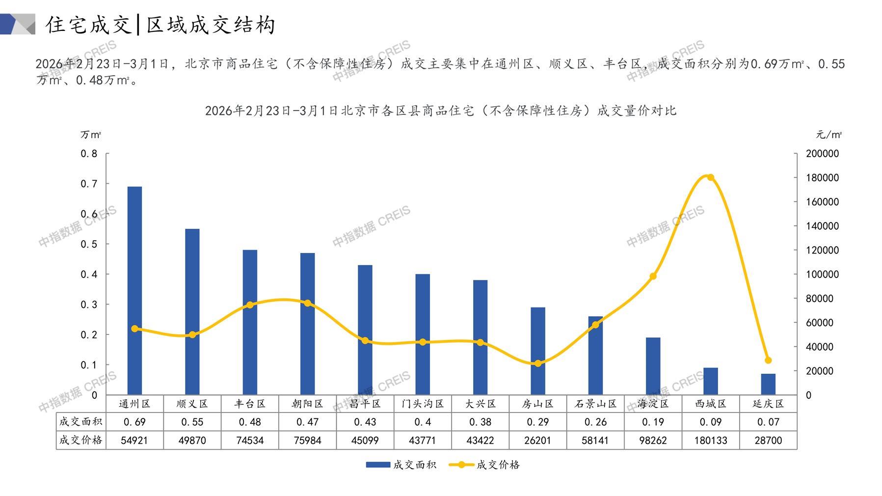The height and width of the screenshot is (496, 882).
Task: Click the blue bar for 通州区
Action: click(x=134, y=290)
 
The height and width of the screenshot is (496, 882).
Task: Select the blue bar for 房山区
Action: click(x=537, y=351)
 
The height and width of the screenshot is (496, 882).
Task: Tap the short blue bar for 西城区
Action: click(x=710, y=381)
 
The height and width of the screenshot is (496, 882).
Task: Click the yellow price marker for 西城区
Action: click(x=710, y=178)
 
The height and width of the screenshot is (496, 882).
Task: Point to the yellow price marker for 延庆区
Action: click(x=768, y=360)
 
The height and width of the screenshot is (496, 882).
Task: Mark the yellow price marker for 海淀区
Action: click(x=653, y=276)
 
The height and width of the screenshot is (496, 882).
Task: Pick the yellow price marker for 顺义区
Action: click(x=192, y=335)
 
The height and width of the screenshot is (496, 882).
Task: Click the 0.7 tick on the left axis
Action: click(x=89, y=184)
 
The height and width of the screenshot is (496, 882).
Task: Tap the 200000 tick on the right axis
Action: click(x=822, y=154)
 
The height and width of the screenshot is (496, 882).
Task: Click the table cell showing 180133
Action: click(x=710, y=441)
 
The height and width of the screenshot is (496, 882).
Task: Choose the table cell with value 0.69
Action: click(x=134, y=422)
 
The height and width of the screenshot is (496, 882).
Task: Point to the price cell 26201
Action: click(x=537, y=441)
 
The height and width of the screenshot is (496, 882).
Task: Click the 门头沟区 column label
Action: click(x=423, y=404)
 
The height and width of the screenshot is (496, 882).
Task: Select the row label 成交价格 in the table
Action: click(x=81, y=441)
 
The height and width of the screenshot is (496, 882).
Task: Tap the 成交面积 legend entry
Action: click(x=401, y=465)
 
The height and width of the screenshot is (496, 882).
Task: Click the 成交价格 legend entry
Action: click(x=485, y=465)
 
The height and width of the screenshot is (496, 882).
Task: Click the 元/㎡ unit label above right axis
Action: click(x=829, y=135)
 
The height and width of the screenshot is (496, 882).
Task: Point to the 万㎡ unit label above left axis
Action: click(x=91, y=135)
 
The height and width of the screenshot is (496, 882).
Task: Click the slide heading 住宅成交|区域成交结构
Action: click(x=161, y=25)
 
